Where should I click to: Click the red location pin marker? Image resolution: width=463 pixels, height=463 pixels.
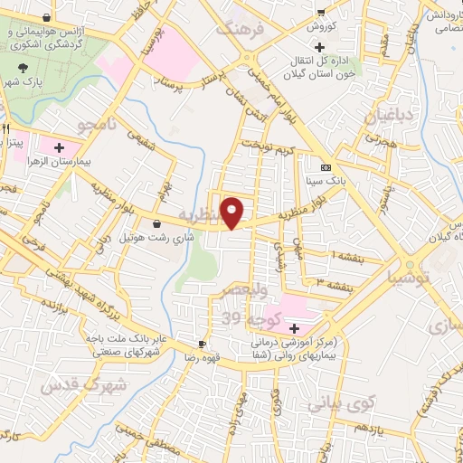click(x=233, y=212)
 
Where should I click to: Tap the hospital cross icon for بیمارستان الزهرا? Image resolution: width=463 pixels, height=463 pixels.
click(x=60, y=146)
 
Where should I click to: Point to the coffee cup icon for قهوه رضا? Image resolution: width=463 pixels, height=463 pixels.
click(x=203, y=344)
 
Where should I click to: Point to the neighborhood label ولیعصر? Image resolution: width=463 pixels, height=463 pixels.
click(x=246, y=292)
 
